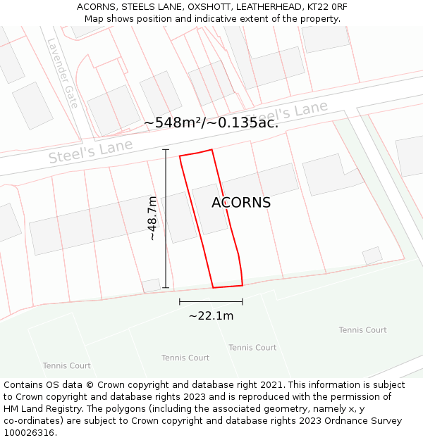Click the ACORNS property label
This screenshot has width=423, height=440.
[x=241, y=203]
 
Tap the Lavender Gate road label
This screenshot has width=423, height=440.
[x=63, y=72]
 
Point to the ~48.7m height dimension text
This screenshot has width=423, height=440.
[x=152, y=218]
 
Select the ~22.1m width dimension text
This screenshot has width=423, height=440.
[x=211, y=315]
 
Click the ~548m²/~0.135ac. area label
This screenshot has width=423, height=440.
[x=211, y=122]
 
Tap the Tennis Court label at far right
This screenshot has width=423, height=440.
[x=362, y=330]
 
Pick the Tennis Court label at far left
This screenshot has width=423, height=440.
[x=67, y=365]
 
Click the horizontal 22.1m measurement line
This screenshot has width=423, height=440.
[x=211, y=301]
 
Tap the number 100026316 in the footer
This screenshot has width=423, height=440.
[x=30, y=433]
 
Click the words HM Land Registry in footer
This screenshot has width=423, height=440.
[x=44, y=409]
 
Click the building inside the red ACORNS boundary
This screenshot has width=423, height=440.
[x=209, y=208]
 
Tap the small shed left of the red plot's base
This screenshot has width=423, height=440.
[x=152, y=285]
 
